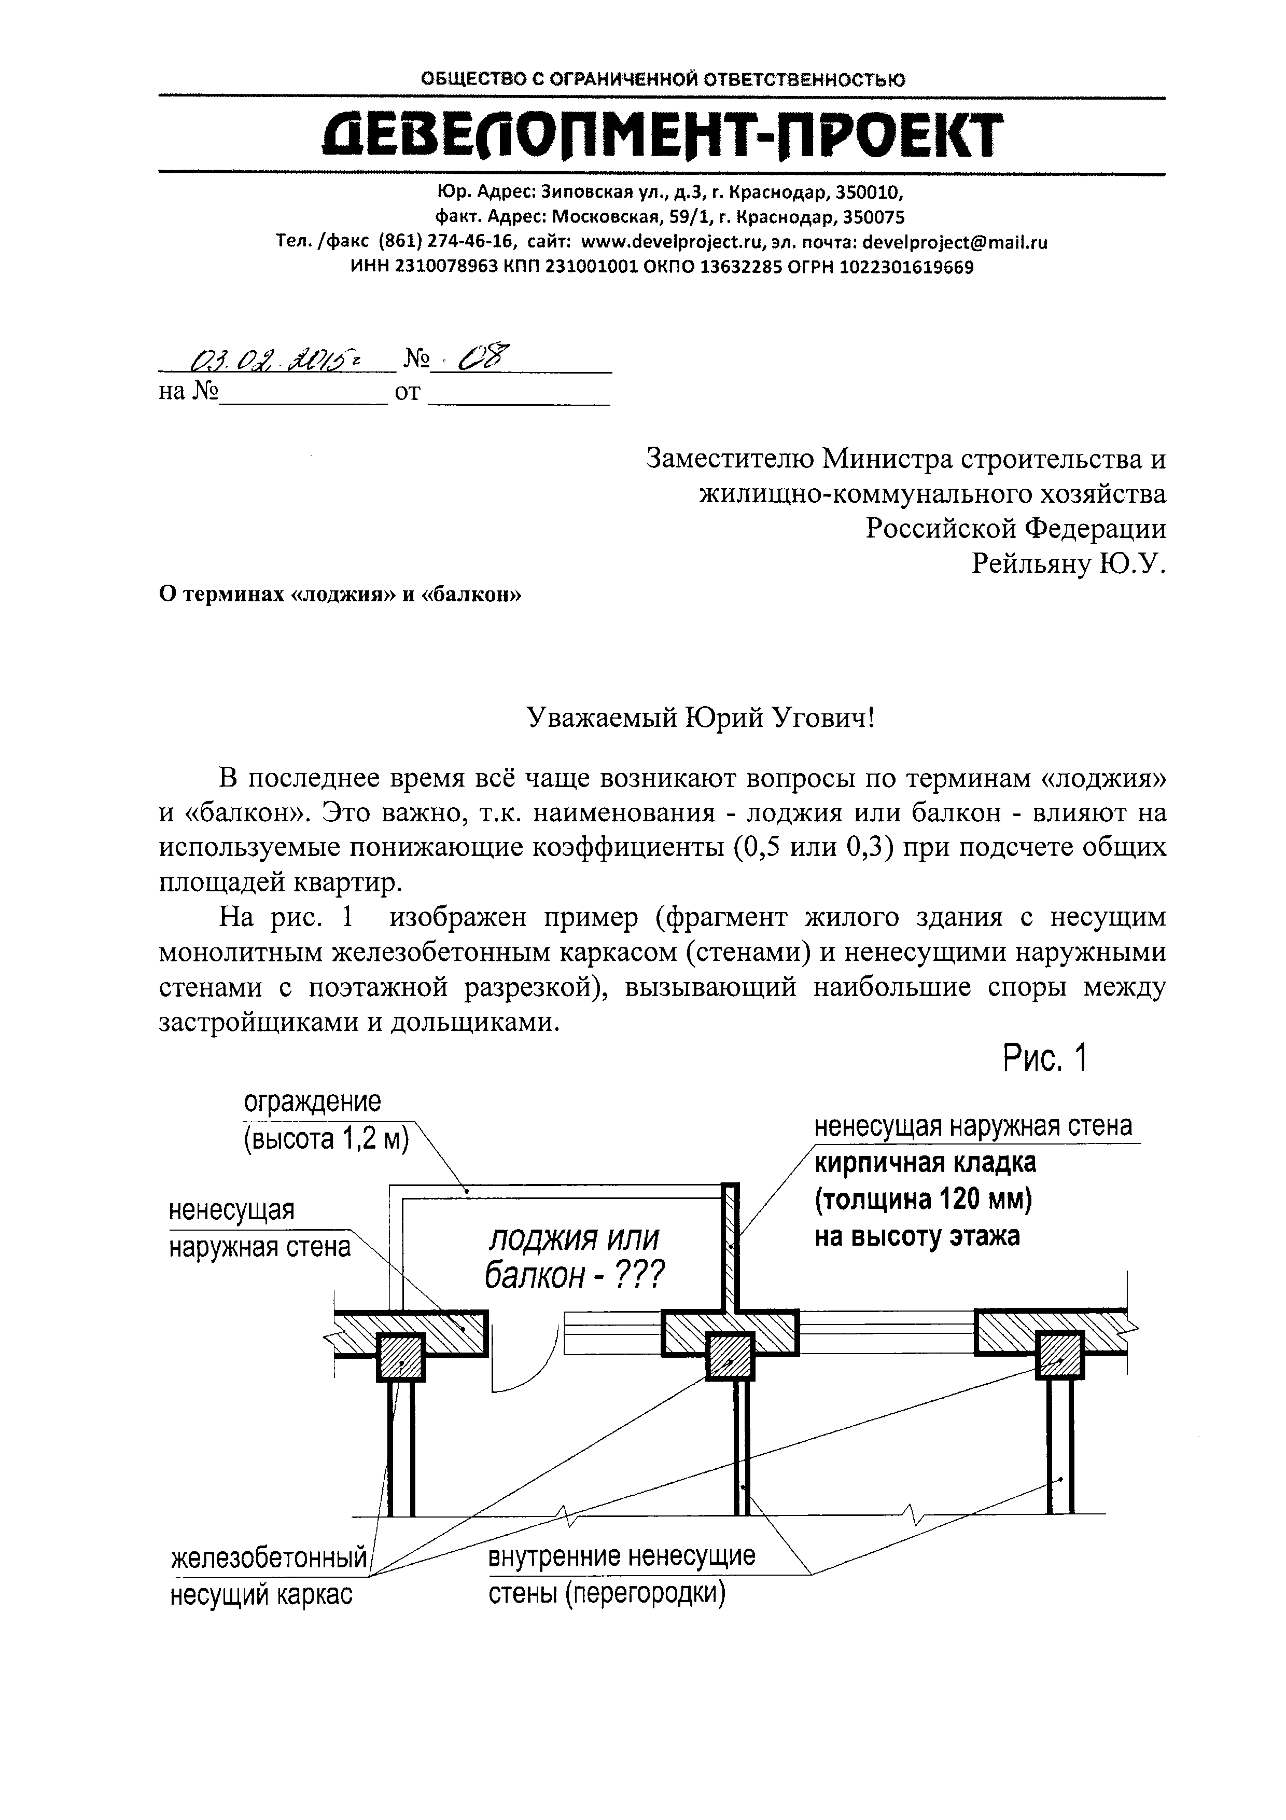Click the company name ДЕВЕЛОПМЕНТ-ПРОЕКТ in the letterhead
(x=662, y=135)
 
